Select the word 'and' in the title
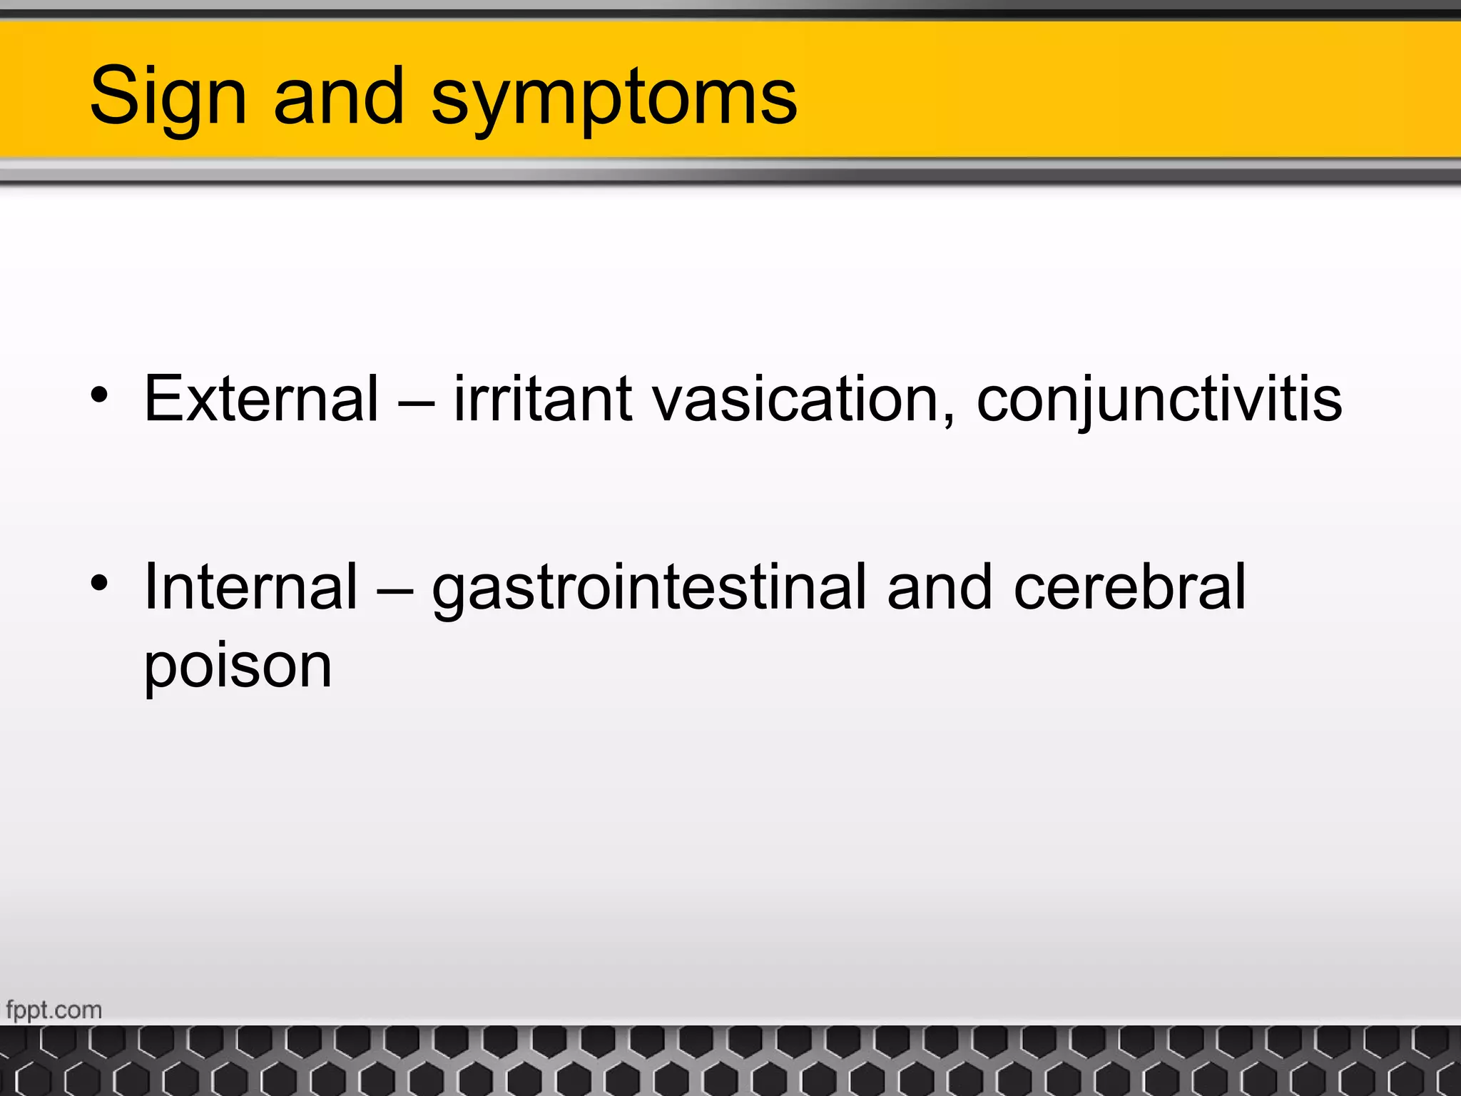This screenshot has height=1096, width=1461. pyautogui.click(x=339, y=96)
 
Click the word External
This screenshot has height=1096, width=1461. pyautogui.click(x=261, y=398)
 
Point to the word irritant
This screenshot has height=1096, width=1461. pyautogui.click(x=542, y=398)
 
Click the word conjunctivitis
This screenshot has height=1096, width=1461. pyautogui.click(x=1159, y=398)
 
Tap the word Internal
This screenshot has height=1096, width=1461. pyautogui.click(x=250, y=587)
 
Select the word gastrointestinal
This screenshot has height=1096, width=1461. pyautogui.click(x=650, y=587)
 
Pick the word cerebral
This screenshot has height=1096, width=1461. pyautogui.click(x=1129, y=587)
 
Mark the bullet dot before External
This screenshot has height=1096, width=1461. pyautogui.click(x=99, y=395)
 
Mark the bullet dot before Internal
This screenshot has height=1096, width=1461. pyautogui.click(x=99, y=584)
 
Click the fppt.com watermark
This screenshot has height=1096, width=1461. pyautogui.click(x=54, y=1010)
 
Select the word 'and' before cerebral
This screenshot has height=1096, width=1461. pyautogui.click(x=940, y=587)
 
